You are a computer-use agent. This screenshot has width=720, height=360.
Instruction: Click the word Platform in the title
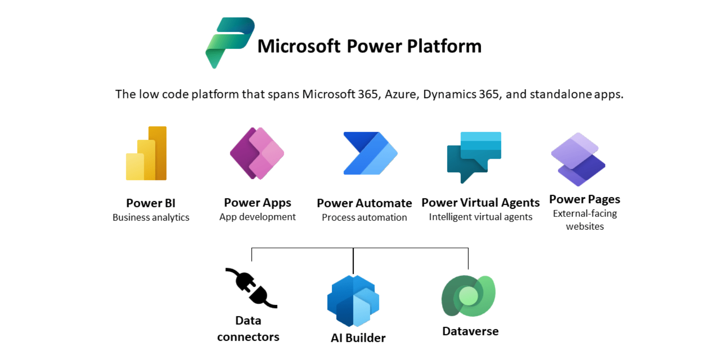(x=444, y=46)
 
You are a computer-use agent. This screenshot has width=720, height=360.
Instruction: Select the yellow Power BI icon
(x=146, y=153)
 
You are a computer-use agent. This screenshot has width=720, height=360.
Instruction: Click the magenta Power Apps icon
(x=257, y=153)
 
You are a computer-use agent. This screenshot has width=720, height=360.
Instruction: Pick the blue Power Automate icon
(x=370, y=153)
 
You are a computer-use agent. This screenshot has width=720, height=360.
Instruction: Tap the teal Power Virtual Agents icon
(x=474, y=157)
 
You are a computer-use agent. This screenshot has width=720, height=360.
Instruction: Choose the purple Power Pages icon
(x=578, y=159)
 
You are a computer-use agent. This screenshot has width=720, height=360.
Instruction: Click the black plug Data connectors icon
(x=252, y=288)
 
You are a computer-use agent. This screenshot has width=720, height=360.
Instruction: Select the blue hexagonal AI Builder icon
(x=353, y=301)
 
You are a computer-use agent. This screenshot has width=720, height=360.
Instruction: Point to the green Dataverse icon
(x=468, y=296)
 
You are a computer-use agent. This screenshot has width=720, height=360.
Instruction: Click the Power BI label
(x=151, y=203)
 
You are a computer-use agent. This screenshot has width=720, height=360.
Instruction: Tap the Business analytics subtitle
(x=151, y=218)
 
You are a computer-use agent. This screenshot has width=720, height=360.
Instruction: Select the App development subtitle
(x=258, y=217)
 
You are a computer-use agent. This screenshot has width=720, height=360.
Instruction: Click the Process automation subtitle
(x=364, y=218)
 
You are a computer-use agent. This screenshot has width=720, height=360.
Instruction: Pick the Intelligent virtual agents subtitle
(x=481, y=217)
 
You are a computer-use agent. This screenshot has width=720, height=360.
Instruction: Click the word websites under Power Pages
(x=585, y=226)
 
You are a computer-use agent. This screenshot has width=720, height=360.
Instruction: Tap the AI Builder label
(x=358, y=338)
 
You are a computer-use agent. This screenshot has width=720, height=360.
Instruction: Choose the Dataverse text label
(x=470, y=331)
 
